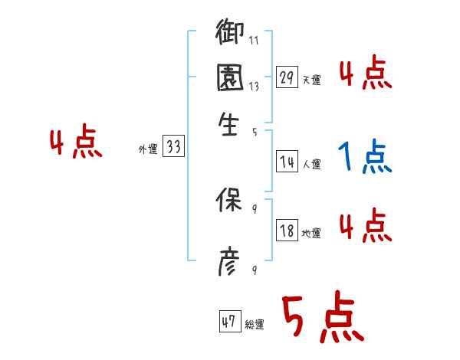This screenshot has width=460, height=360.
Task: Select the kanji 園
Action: (229, 78)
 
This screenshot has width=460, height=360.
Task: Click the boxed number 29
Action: (287, 77)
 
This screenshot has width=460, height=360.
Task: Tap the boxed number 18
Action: (287, 231)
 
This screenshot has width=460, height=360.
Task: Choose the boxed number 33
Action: (173, 148)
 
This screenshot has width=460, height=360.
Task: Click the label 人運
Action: (311, 164)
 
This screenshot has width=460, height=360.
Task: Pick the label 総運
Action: (255, 325)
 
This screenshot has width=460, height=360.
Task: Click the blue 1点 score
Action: (365, 158)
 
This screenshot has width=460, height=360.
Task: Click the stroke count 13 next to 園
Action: (254, 87)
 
